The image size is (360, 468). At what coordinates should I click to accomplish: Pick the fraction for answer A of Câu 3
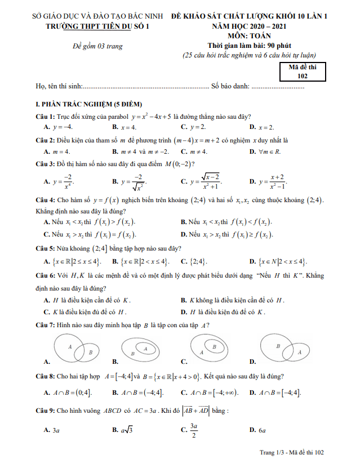pyautogui.click(x=67, y=181)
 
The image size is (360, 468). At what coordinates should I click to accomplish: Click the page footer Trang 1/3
pyautogui.click(x=292, y=452)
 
